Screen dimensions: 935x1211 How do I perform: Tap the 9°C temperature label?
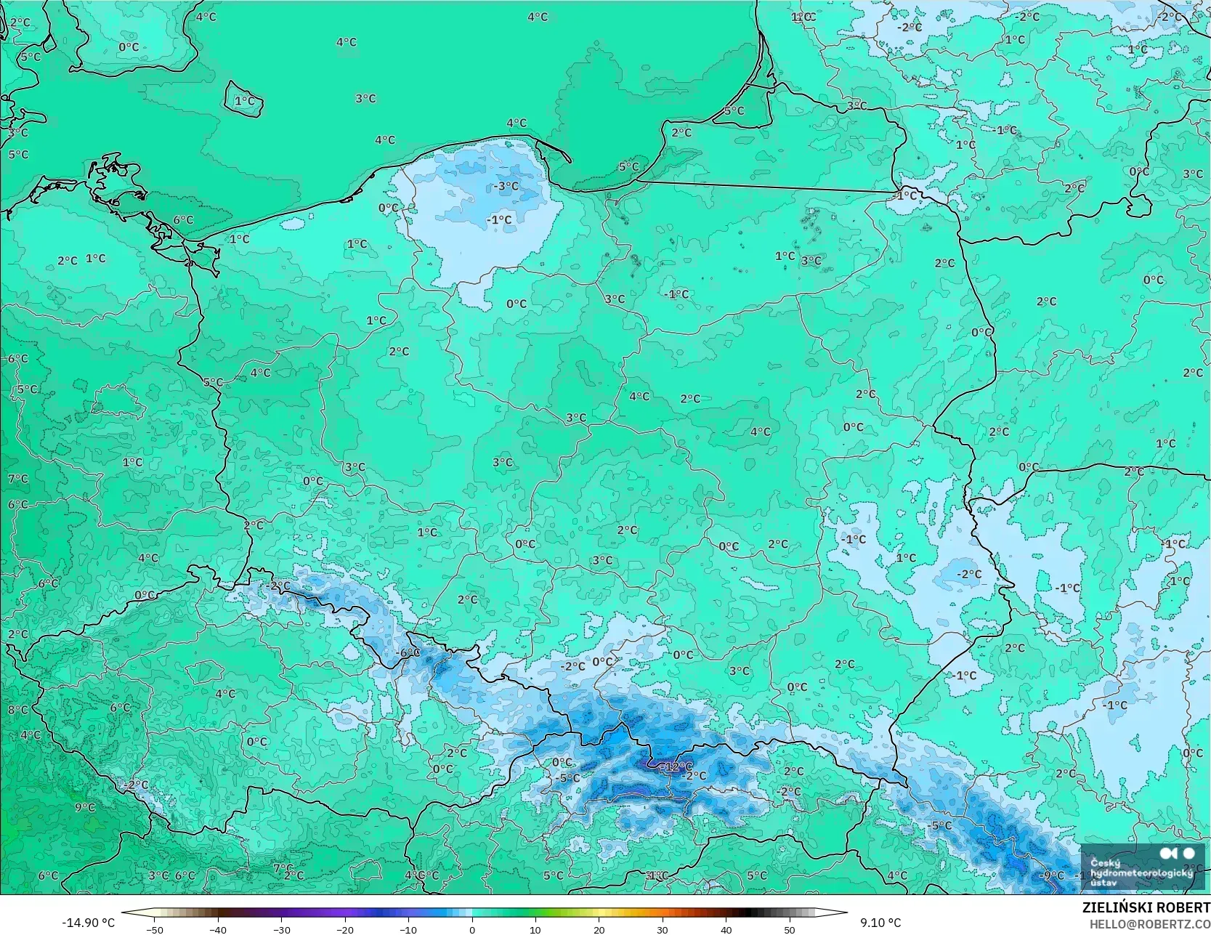click(x=85, y=807)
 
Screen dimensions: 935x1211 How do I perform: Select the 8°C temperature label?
click(x=18, y=710)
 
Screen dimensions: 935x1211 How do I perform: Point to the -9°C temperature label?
click(x=1050, y=875)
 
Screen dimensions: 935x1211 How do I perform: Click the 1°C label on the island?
click(x=245, y=101)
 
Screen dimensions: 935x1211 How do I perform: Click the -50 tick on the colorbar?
click(x=154, y=929)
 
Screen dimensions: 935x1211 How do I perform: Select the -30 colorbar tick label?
click(x=281, y=929)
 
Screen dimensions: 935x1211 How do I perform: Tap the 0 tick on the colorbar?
click(x=472, y=929)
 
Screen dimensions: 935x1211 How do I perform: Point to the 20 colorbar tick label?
click(x=599, y=929)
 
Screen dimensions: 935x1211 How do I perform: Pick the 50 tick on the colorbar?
click(x=790, y=929)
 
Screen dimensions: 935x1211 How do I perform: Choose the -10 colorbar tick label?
click(x=408, y=929)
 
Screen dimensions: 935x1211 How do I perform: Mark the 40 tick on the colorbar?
click(x=726, y=929)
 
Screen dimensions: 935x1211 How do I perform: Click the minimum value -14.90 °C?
click(x=88, y=923)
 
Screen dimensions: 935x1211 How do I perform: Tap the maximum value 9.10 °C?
click(x=880, y=923)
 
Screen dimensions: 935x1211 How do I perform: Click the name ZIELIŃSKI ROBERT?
click(x=1146, y=907)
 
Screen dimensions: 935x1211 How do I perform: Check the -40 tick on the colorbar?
click(x=218, y=929)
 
